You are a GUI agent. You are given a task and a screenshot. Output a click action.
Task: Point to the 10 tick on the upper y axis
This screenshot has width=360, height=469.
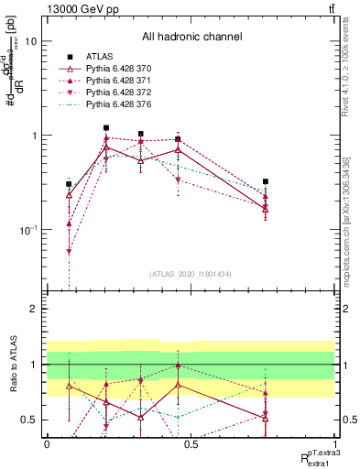coord(31,42)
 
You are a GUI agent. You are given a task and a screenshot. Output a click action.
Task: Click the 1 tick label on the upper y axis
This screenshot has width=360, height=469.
coord(35,136)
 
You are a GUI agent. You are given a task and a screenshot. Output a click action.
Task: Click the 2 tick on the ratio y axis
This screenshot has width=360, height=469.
coord(35,310)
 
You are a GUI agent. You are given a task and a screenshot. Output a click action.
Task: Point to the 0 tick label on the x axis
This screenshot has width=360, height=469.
coord(47,442)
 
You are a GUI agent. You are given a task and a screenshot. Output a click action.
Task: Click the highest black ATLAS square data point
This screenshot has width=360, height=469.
coord(106,128)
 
